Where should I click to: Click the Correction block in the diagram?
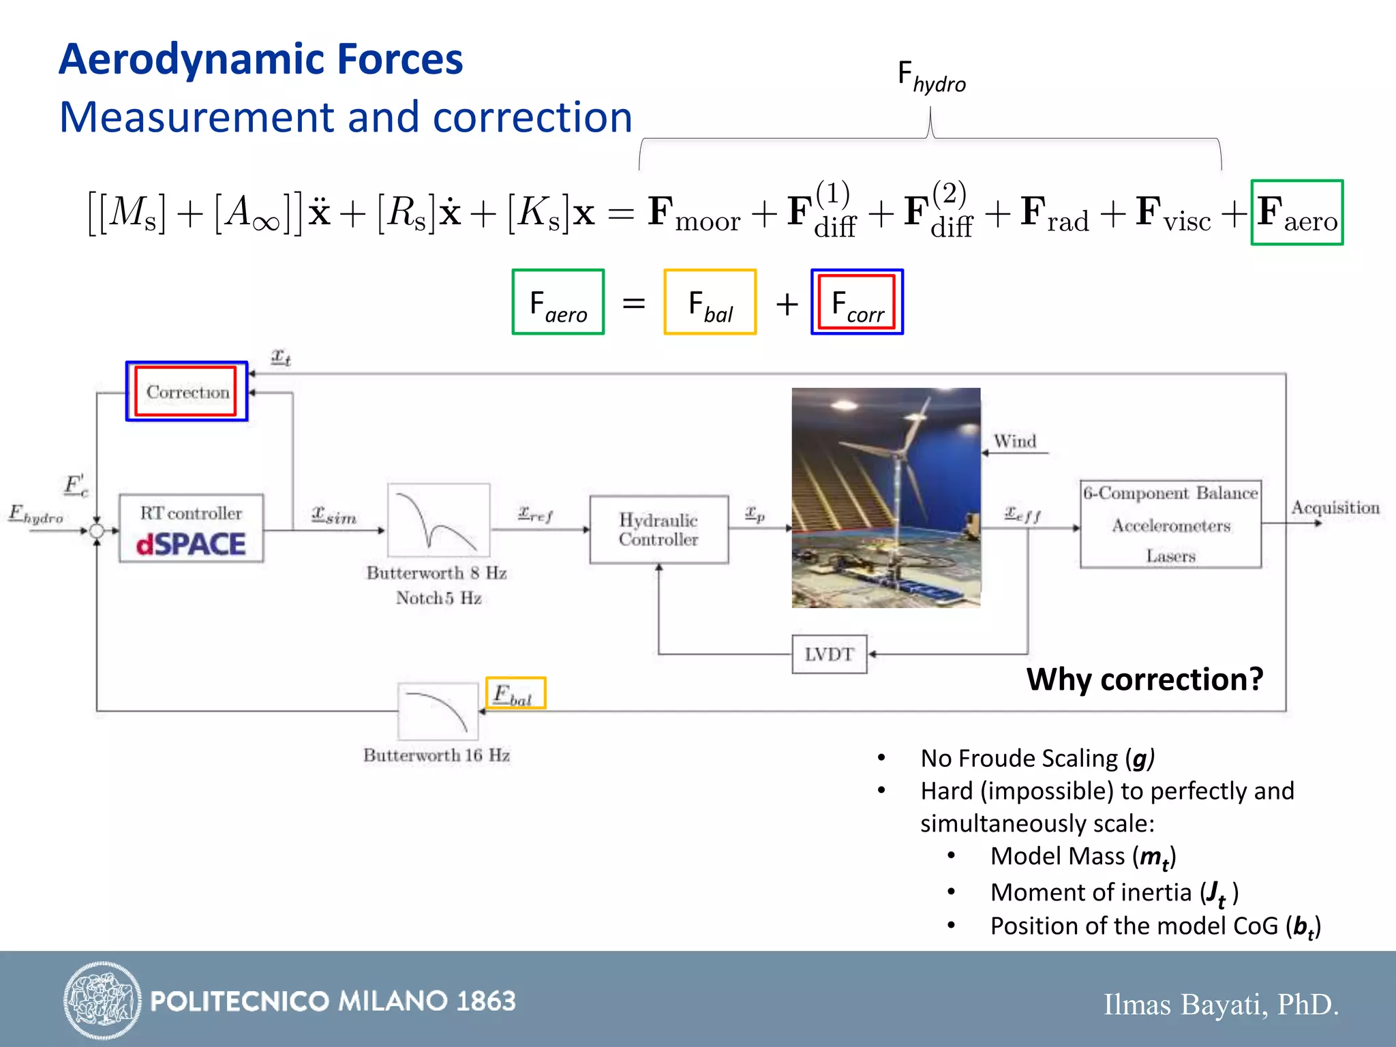pyautogui.click(x=187, y=391)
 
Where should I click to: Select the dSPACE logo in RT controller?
pyautogui.click(x=191, y=544)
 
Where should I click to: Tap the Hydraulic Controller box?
pyautogui.click(x=658, y=530)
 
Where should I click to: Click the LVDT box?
pyautogui.click(x=829, y=654)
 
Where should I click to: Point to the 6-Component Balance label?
pyautogui.click(x=1170, y=493)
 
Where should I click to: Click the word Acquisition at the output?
pyautogui.click(x=1335, y=508)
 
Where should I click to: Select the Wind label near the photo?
pyautogui.click(x=1014, y=441)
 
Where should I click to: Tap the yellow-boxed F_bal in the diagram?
pyautogui.click(x=515, y=693)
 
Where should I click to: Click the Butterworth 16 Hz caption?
pyautogui.click(x=436, y=755)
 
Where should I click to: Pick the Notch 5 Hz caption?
pyautogui.click(x=438, y=598)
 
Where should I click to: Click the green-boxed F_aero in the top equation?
pyautogui.click(x=1296, y=212)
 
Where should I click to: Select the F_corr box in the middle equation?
pyautogui.click(x=857, y=302)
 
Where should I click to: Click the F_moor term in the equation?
pyautogui.click(x=694, y=213)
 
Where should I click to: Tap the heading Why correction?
pyautogui.click(x=1144, y=679)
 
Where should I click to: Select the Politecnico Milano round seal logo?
pyautogui.click(x=102, y=1000)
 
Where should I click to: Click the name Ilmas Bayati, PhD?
pyautogui.click(x=1221, y=1004)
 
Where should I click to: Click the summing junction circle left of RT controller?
pyautogui.click(x=97, y=530)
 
